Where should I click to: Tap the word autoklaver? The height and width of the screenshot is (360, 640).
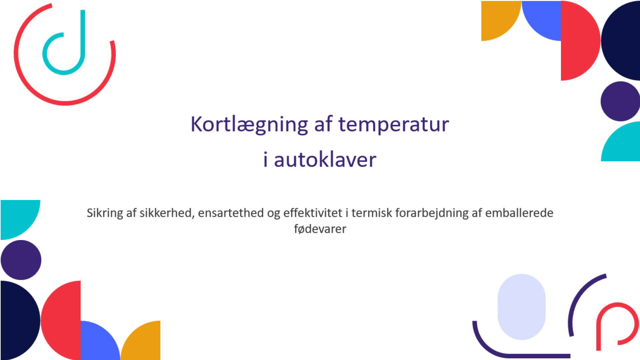pos(325,159)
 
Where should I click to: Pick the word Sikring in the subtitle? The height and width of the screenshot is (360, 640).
pos(105,213)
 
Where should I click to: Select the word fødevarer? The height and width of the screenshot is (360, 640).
pos(320,229)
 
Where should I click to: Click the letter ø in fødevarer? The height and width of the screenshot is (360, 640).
pos(302,230)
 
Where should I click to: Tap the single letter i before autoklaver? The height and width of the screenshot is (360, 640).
pos(265,159)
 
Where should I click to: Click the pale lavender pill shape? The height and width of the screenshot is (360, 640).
pos(521,307)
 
